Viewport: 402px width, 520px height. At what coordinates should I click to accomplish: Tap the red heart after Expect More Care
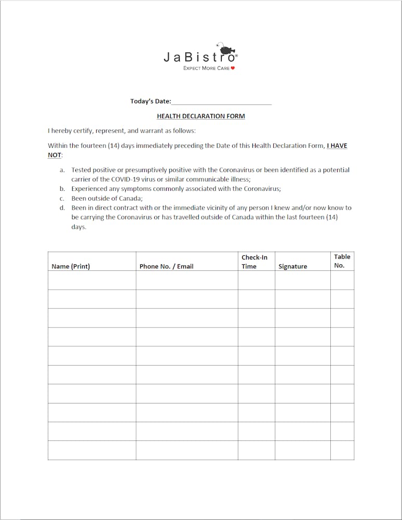[x=233, y=68]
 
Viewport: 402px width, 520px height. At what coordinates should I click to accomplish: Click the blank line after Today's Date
[x=221, y=101]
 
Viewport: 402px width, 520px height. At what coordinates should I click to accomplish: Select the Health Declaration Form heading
[x=200, y=116]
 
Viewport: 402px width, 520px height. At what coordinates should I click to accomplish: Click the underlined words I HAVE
[x=337, y=146]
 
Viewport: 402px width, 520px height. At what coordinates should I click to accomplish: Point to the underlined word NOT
[x=55, y=155]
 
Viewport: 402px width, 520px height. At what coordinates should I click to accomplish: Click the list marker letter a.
[x=62, y=170]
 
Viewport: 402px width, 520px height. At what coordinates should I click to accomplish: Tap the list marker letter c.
[x=62, y=198]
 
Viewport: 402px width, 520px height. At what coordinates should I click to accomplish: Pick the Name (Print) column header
[x=71, y=266]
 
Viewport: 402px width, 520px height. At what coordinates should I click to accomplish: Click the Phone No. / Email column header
[x=166, y=266]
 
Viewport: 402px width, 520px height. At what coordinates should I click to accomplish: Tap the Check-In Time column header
[x=254, y=262]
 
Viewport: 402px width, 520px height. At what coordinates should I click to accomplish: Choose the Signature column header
[x=292, y=266]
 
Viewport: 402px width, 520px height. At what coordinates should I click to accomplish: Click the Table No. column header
[x=342, y=261]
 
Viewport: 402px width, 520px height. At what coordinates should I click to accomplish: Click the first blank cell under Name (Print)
[x=92, y=280]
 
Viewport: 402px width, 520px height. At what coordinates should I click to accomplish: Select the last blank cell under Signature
[x=302, y=450]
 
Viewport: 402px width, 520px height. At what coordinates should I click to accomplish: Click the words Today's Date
[x=151, y=101]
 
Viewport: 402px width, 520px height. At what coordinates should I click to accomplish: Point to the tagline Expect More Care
[x=206, y=68]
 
